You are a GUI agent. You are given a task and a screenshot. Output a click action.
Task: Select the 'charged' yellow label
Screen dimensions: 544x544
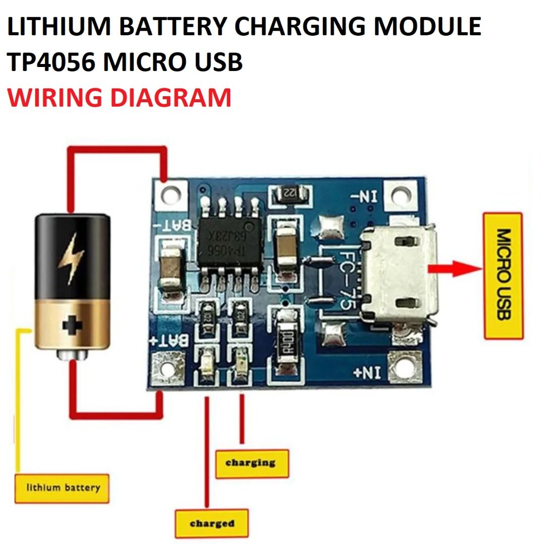tap(212, 524)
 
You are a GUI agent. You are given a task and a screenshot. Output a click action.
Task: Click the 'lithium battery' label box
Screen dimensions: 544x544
tap(62, 488)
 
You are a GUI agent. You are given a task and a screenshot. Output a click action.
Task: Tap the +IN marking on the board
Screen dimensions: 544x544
tap(367, 373)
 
